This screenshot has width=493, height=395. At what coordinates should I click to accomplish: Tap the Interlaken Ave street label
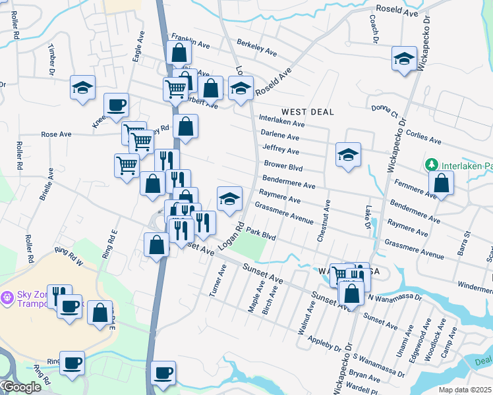tap(281, 122)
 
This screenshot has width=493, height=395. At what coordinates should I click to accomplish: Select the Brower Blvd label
tap(283, 165)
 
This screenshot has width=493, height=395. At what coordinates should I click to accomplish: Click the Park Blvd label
tap(260, 232)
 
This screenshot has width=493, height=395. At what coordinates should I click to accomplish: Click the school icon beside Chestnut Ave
tap(348, 155)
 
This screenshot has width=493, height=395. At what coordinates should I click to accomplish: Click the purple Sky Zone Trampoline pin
tap(7, 298)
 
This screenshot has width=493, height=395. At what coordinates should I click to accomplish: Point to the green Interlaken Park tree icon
tap(432, 164)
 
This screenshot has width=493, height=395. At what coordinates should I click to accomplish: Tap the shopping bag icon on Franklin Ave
tap(179, 53)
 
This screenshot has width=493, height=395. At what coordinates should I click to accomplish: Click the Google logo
tap(21, 388)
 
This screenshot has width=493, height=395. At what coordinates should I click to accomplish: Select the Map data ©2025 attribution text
tap(464, 390)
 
